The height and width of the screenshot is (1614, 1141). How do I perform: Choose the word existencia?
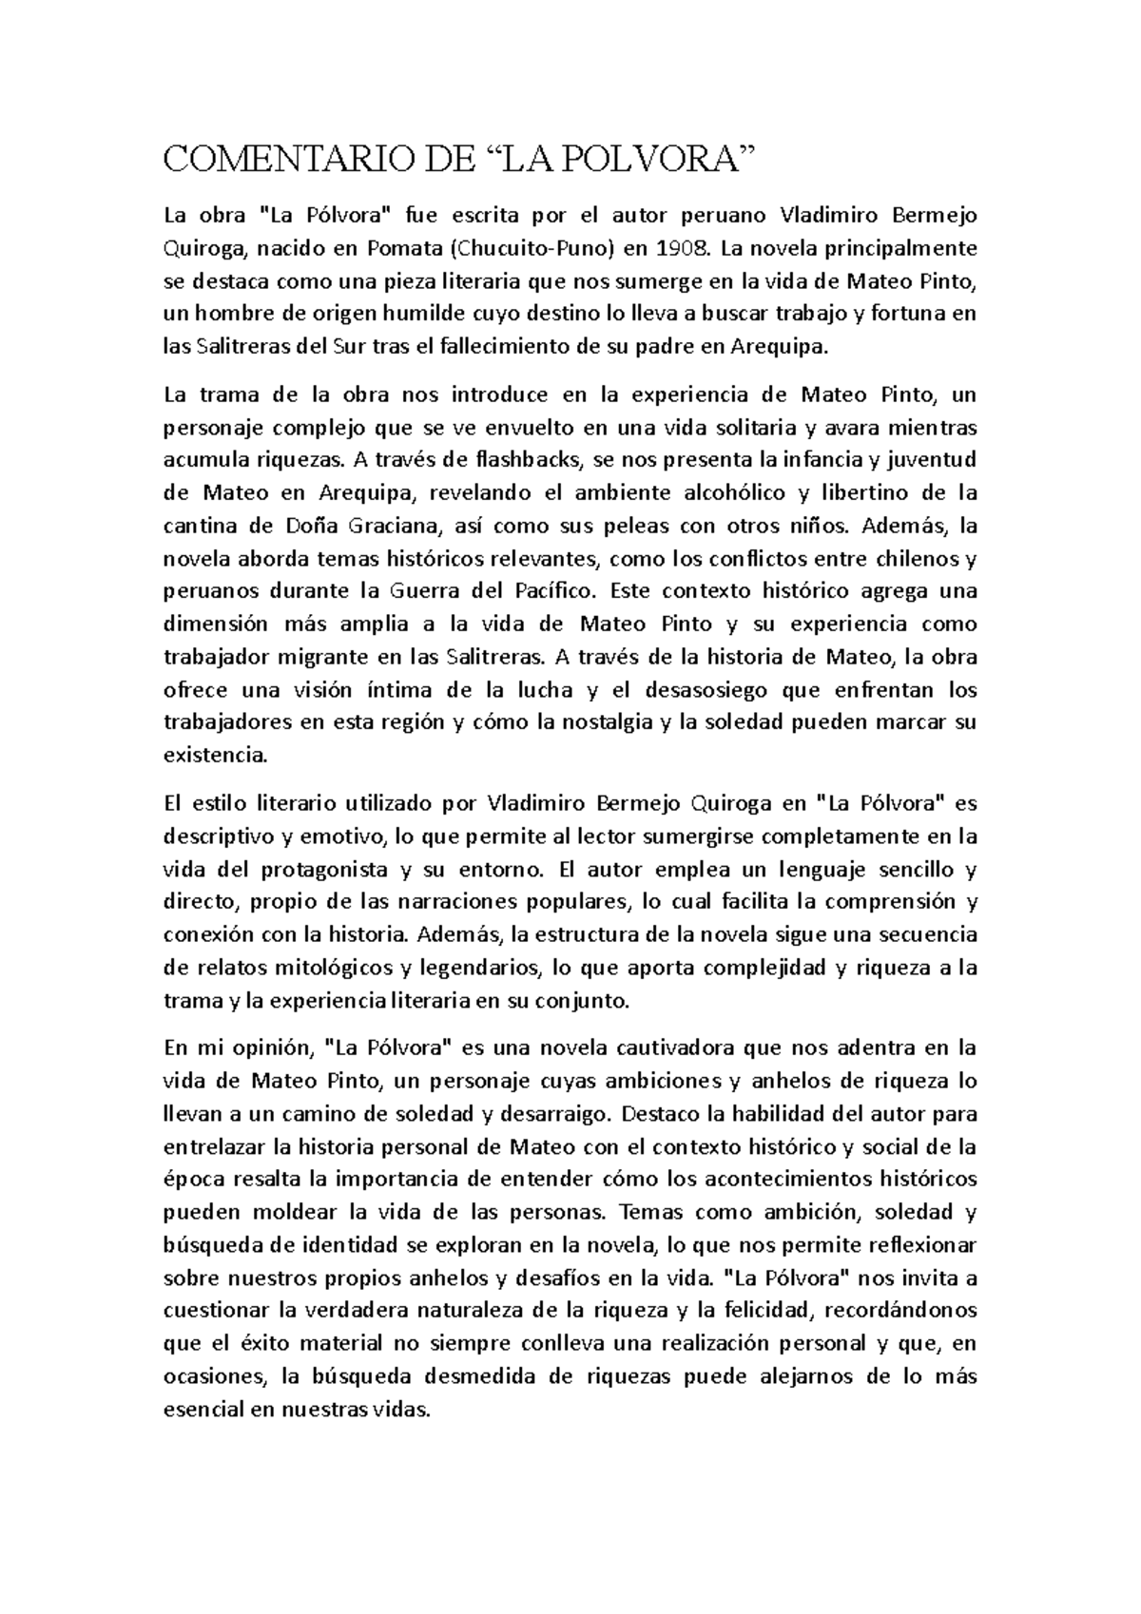(x=216, y=756)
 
